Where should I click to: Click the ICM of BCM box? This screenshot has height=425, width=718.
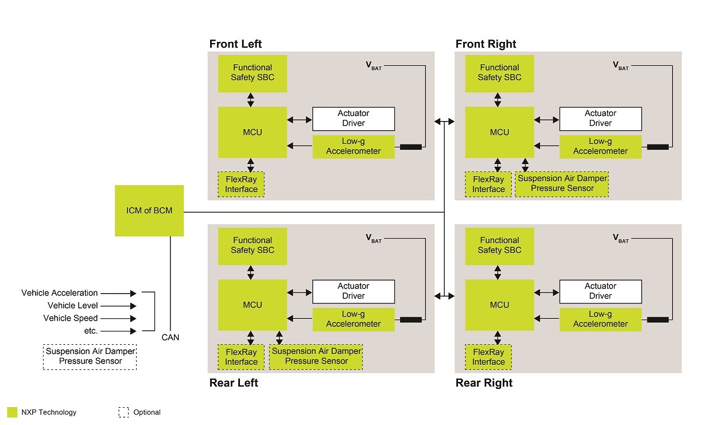(x=149, y=210)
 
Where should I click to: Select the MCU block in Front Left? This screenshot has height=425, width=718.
(x=253, y=132)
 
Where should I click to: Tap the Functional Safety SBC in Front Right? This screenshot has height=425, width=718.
(x=499, y=73)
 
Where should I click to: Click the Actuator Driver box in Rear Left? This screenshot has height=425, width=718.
(x=354, y=291)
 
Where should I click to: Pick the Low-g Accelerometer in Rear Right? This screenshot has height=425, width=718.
(x=600, y=319)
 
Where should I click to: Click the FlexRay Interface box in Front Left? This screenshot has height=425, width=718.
(x=241, y=185)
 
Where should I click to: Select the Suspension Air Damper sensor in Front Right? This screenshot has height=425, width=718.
(x=562, y=184)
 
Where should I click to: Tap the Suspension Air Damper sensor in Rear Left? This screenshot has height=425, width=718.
(x=316, y=356)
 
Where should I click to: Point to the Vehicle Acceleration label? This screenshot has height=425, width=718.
(x=60, y=293)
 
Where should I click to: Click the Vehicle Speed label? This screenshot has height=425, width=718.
(x=71, y=318)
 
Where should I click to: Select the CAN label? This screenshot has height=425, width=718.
(x=170, y=337)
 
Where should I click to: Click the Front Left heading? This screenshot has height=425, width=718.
(x=235, y=44)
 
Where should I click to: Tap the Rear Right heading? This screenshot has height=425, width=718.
(x=484, y=383)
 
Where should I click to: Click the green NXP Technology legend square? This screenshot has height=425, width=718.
(x=12, y=412)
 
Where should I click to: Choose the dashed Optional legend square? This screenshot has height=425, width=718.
(x=123, y=412)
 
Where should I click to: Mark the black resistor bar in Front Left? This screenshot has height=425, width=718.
(x=410, y=147)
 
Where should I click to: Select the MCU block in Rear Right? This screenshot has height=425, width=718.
(x=499, y=305)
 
